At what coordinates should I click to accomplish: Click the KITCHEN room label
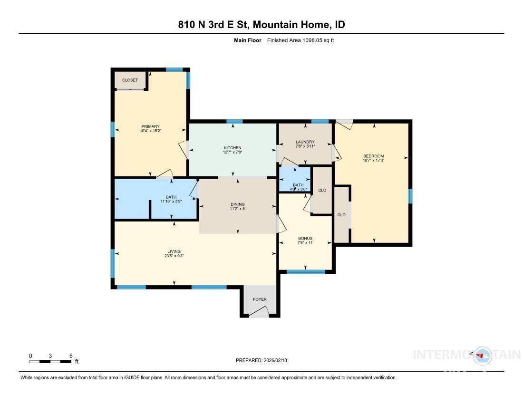(233, 148)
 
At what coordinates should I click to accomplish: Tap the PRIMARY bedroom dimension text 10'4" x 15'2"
(150, 131)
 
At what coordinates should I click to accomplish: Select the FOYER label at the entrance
(260, 299)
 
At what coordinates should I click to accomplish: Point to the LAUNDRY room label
(305, 142)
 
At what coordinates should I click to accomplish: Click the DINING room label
(238, 203)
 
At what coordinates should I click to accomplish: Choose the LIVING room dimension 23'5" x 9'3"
(174, 256)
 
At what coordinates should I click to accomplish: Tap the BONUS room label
(305, 239)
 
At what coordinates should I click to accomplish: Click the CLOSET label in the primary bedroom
(130, 80)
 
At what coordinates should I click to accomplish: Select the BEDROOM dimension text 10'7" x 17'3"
(373, 161)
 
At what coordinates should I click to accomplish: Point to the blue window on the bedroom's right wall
(410, 196)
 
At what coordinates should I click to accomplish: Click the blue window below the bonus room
(306, 272)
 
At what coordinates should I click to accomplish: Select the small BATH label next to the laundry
(298, 185)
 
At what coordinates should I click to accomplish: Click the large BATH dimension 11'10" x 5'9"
(171, 202)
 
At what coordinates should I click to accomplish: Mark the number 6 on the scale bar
(71, 356)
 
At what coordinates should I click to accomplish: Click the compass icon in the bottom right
(482, 355)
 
